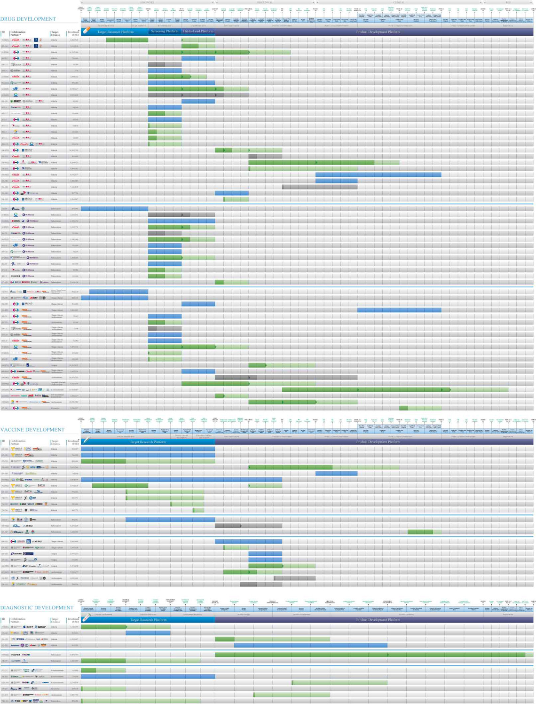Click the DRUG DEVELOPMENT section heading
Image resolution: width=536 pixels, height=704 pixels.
point(28,19)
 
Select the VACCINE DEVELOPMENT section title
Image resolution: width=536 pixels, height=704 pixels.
point(32,430)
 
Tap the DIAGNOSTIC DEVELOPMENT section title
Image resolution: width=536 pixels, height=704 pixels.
point(37,608)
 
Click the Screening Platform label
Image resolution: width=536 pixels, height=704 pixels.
point(165,32)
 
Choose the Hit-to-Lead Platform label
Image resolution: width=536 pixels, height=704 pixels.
point(198,32)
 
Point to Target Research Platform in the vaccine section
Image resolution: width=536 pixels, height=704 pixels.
point(148,442)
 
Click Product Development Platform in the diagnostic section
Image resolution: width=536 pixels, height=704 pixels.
point(378,620)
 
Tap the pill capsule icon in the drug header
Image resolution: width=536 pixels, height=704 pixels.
point(86,31)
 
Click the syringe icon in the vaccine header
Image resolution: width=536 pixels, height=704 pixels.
point(86,441)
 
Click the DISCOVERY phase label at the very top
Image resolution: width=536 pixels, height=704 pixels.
point(147,2)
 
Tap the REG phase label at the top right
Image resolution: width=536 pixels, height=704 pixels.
point(508,2)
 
